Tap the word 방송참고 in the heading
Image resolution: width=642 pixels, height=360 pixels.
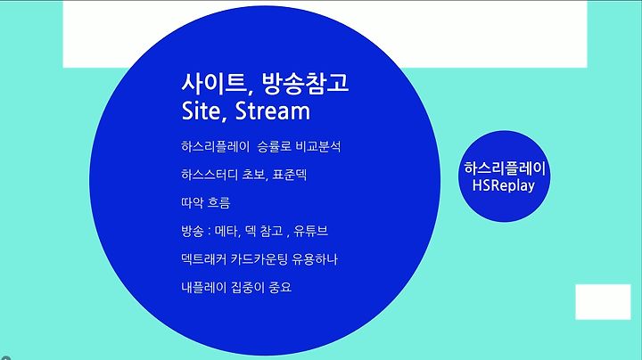click(x=305, y=83)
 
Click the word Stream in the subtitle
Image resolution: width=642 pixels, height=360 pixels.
click(x=273, y=110)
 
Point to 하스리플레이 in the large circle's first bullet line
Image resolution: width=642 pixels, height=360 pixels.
click(x=215, y=146)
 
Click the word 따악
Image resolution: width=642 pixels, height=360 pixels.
click(x=193, y=202)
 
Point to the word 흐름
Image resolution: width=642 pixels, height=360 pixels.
click(x=219, y=202)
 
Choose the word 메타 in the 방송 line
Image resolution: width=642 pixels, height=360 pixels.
click(x=226, y=231)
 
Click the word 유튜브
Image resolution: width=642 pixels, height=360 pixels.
click(x=311, y=231)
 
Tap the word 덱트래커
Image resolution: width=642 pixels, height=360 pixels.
click(x=203, y=259)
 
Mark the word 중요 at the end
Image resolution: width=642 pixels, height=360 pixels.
click(x=280, y=287)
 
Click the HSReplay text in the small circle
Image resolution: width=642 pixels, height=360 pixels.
click(x=504, y=185)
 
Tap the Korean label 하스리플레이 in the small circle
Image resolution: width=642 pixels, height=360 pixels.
click(x=505, y=168)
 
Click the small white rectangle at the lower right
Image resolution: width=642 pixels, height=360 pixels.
click(x=603, y=302)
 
